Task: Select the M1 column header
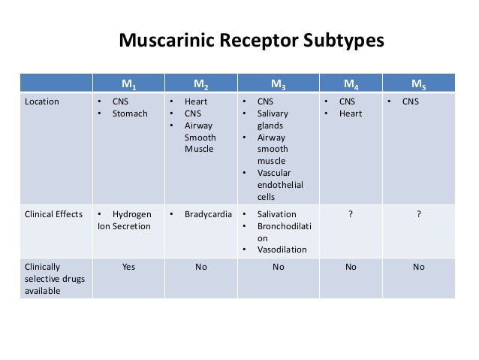(x=128, y=83)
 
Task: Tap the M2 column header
(x=200, y=83)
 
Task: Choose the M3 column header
(x=278, y=83)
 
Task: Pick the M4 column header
(x=349, y=83)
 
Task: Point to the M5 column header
(x=418, y=83)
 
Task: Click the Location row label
(x=42, y=101)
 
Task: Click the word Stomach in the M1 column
(x=131, y=113)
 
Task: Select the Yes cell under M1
(x=128, y=266)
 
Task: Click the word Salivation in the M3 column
(x=277, y=213)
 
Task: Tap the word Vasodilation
(x=282, y=249)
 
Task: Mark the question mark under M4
(x=349, y=213)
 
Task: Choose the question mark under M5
(x=418, y=213)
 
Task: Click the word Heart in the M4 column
(x=350, y=113)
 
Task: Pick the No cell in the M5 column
(x=418, y=266)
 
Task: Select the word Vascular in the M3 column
(x=275, y=174)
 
